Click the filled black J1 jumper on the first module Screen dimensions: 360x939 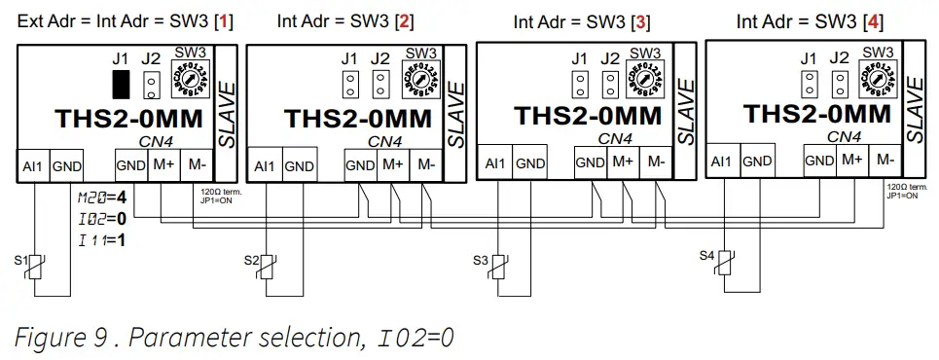[x=121, y=85]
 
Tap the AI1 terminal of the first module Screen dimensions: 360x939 [x=32, y=165]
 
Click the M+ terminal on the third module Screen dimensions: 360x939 [x=624, y=161]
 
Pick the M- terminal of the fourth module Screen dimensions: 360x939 [x=885, y=160]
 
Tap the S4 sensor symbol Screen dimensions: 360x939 [x=728, y=263]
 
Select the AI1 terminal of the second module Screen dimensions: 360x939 [x=264, y=166]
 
